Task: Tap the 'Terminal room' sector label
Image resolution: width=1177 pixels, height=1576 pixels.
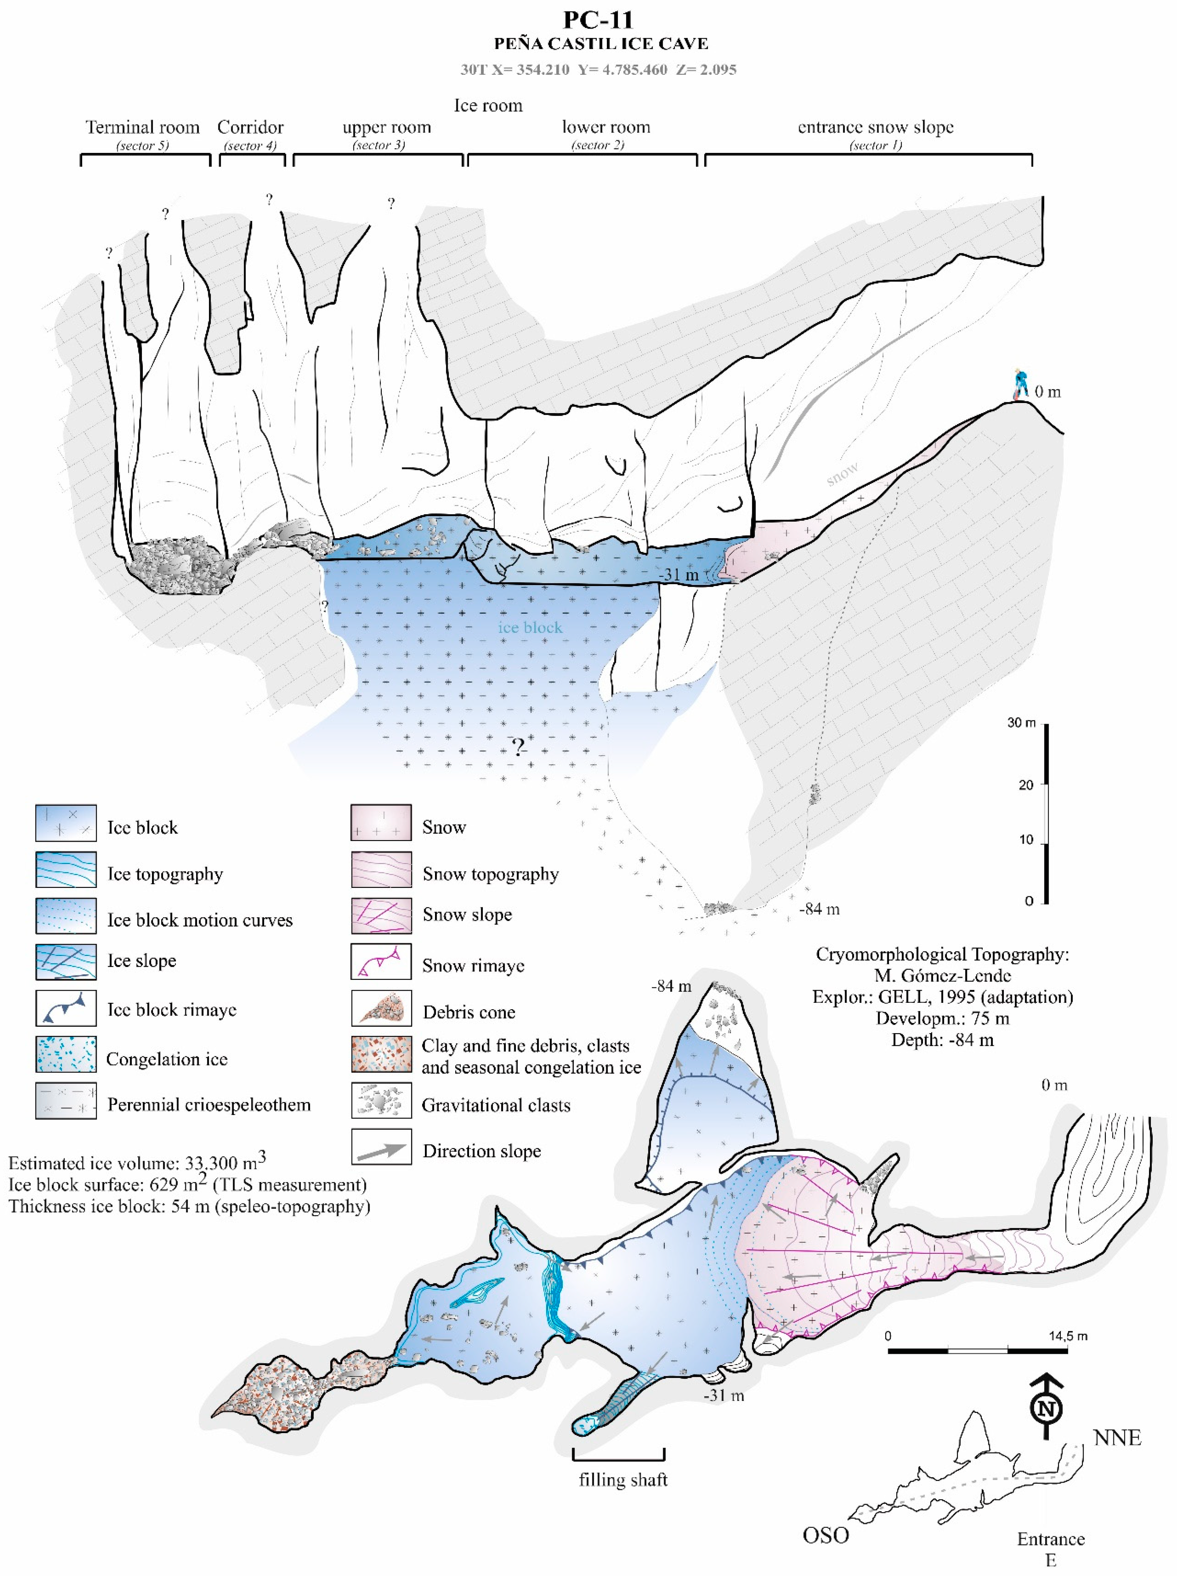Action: (143, 127)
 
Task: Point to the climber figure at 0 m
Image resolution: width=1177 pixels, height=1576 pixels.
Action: (1022, 385)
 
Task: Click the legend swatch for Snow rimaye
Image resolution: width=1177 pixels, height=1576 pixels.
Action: (381, 962)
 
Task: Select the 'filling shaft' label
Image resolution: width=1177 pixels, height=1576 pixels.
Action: (623, 1480)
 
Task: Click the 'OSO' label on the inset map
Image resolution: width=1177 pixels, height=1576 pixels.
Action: (826, 1535)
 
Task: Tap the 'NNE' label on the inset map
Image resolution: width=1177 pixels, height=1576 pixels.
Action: (1117, 1438)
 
